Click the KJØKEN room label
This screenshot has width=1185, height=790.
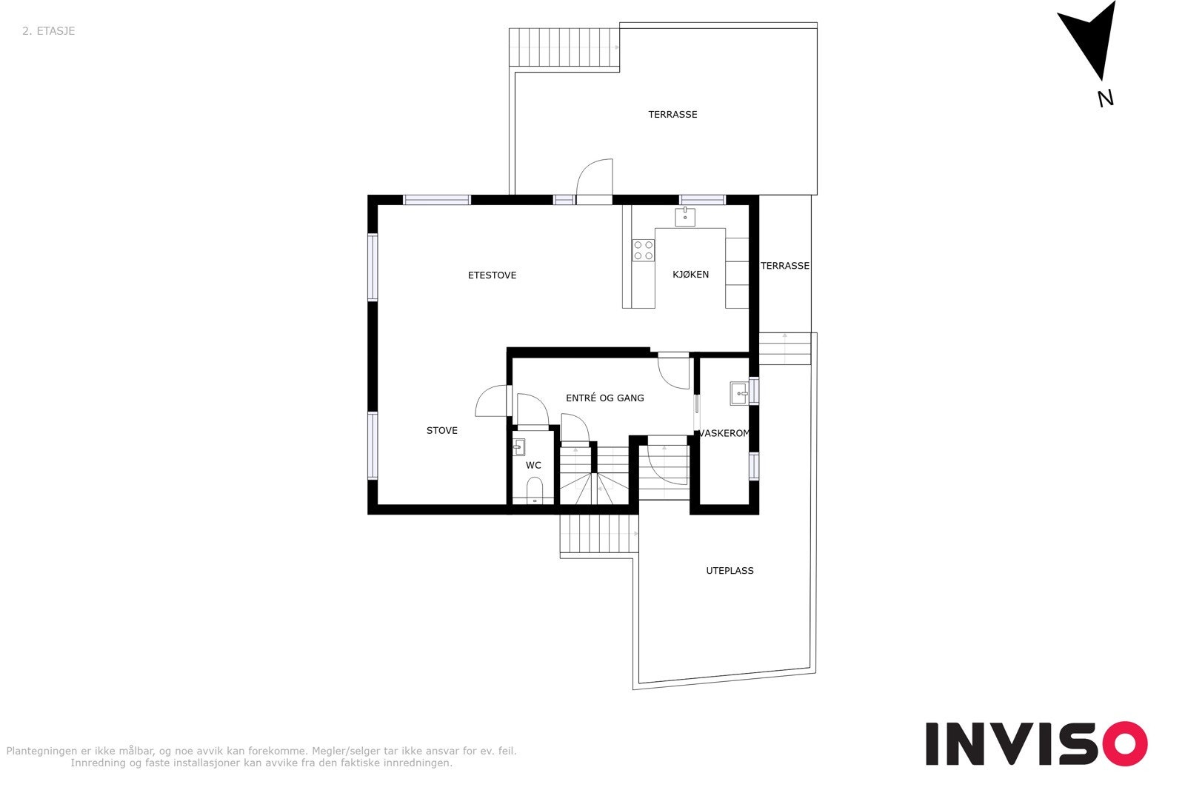click(690, 275)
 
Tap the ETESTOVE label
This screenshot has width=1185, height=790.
click(492, 275)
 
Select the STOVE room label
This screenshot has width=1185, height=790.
click(441, 431)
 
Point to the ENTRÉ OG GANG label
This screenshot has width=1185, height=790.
click(604, 398)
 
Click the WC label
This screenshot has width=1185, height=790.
click(533, 466)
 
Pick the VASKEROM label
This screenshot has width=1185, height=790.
click(724, 434)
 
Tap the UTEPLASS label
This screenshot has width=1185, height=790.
click(730, 571)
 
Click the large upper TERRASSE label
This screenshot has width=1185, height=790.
click(672, 115)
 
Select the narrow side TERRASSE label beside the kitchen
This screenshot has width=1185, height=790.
click(785, 266)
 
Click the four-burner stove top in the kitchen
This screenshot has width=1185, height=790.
click(643, 250)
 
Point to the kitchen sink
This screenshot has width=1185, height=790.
click(685, 217)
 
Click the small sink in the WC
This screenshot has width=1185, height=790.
click(519, 446)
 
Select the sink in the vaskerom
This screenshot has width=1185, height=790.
click(738, 393)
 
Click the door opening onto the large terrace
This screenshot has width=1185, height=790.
click(595, 181)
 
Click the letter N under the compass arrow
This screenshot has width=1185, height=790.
click(1105, 98)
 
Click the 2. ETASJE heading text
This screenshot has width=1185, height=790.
click(48, 31)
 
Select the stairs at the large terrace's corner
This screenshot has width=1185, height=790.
click(564, 47)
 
